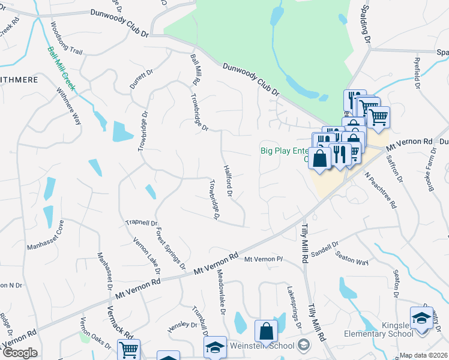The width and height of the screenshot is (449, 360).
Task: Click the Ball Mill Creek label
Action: [x=62, y=68]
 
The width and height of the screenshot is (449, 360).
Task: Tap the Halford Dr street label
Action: [x=228, y=181]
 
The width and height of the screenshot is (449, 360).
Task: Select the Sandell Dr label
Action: [x=327, y=248]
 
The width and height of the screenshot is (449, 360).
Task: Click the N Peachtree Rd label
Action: [x=382, y=190]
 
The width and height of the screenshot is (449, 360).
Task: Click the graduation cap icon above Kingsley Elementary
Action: [x=421, y=317]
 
